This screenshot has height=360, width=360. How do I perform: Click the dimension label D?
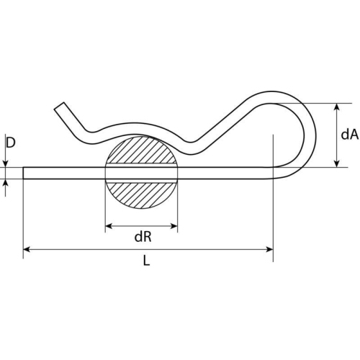point(10,143)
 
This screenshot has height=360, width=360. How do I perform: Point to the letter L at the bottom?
point(146,262)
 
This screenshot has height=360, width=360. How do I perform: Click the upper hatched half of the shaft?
point(142,152)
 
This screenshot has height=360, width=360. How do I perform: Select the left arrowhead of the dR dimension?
point(110,226)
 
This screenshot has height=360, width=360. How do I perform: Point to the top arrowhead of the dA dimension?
point(337,107)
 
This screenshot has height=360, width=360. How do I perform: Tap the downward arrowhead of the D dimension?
point(6,163)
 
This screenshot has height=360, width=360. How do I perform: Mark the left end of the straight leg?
point(26,172)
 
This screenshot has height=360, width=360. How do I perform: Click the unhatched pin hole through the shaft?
point(142,172)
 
